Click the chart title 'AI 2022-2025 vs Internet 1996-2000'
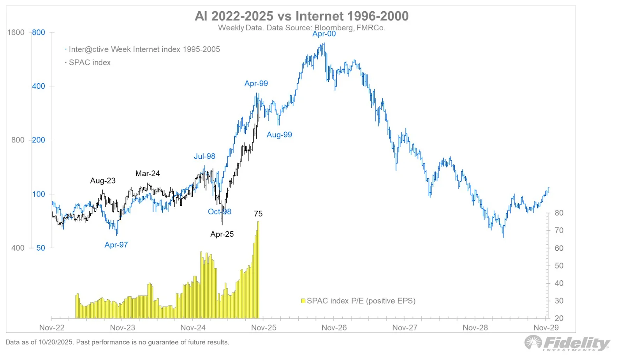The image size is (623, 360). [301, 16]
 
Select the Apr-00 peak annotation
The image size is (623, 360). [324, 34]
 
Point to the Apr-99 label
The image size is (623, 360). [256, 83]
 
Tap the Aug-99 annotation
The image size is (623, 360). [279, 135]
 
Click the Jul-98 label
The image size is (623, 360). [204, 156]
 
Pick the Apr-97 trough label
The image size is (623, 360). [116, 245]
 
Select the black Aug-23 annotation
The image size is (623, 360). [103, 181]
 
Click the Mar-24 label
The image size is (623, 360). [148, 174]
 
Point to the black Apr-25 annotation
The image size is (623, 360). [222, 234]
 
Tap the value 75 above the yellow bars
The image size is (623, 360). [258, 214]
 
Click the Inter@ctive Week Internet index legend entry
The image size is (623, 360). [144, 49]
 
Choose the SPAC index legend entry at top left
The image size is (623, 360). [90, 63]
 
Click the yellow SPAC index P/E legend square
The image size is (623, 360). [303, 301]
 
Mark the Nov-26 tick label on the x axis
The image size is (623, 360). [334, 328]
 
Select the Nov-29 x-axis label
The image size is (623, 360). [546, 328]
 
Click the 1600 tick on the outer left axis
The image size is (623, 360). [16, 32]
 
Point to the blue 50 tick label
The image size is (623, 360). [40, 248]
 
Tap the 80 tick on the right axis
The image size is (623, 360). [559, 213]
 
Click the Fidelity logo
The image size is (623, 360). [567, 343]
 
